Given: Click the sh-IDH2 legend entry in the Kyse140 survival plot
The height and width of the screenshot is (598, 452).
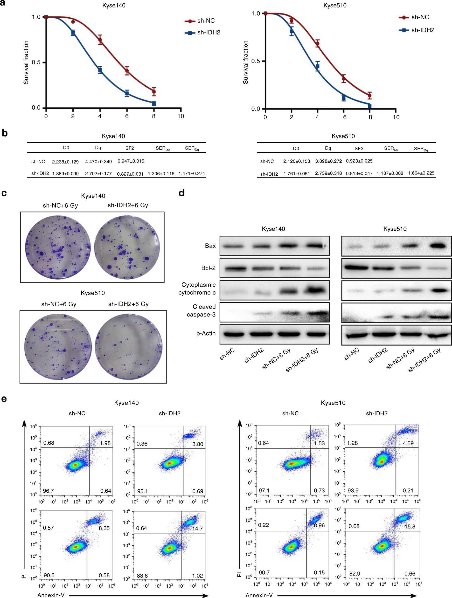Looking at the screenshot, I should coord(209,32).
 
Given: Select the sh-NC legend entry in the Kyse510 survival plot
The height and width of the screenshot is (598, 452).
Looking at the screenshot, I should coord(420,17).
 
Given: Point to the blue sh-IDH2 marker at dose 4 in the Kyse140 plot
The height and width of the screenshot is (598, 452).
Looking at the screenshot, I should coord(100,70).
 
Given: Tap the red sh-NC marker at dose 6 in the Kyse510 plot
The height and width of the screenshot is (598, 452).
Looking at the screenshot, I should coord(344,79).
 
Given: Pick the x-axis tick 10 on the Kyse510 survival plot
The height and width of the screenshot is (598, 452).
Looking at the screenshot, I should coord(396,117).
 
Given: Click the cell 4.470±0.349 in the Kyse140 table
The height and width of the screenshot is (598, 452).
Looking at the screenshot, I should coord(98,162).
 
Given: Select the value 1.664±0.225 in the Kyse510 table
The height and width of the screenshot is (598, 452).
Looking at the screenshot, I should coord(421,173).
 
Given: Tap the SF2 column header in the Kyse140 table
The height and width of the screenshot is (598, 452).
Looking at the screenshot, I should coord(130,148).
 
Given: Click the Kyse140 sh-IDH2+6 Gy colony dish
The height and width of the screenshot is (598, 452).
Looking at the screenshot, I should coord(127,247).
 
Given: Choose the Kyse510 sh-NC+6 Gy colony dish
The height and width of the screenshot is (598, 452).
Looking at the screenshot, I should coord(58,347).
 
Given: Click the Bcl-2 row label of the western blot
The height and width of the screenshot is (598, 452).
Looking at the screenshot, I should coord(208,268).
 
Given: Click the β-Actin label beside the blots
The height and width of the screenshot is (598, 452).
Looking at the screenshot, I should coord(206,334).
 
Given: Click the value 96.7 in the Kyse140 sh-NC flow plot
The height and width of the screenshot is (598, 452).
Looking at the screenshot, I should coord(48,491).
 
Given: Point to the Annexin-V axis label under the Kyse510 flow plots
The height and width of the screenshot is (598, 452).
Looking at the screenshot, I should coord(259,595).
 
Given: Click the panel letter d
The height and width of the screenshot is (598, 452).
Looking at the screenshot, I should coord(181,193).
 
